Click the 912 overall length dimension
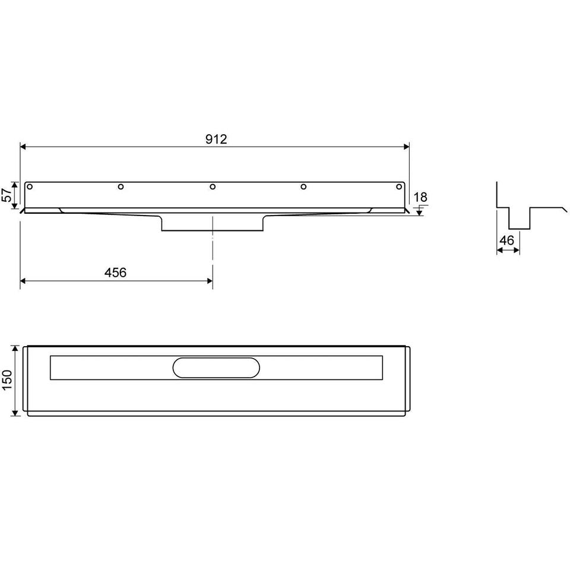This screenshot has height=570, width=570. pyautogui.click(x=216, y=139)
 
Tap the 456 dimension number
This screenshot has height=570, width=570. pyautogui.click(x=116, y=273)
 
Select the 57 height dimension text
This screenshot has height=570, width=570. pyautogui.click(x=7, y=195)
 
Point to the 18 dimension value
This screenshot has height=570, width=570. pyautogui.click(x=420, y=197)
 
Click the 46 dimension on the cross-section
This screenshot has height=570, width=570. pyautogui.click(x=506, y=240)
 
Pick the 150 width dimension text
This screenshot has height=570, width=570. pyautogui.click(x=7, y=380)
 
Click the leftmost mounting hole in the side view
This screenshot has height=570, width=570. pyautogui.click(x=30, y=187)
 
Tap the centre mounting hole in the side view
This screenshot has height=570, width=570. pyautogui.click(x=213, y=187)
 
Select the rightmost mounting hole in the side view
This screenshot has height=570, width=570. pyautogui.click(x=399, y=187)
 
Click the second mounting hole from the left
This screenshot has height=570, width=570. pyautogui.click(x=121, y=187)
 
